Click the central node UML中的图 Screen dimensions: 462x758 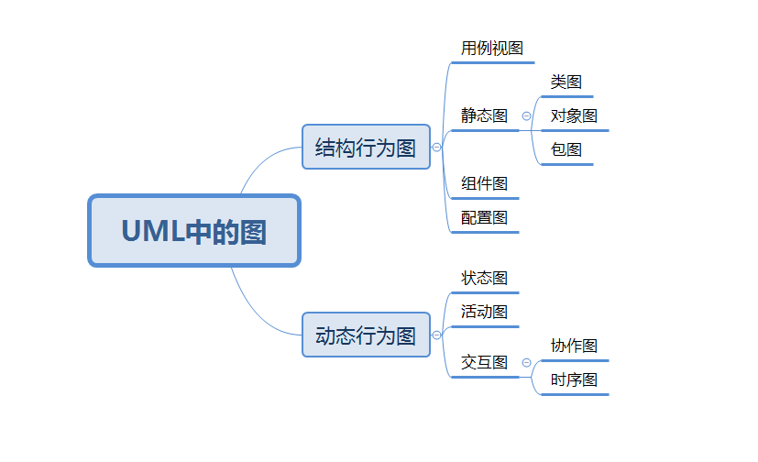pyautogui.click(x=194, y=231)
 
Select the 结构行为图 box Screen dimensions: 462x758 pyautogui.click(x=366, y=147)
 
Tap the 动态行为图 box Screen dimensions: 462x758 pyautogui.click(x=366, y=335)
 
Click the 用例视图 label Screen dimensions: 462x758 pyautogui.click(x=491, y=48)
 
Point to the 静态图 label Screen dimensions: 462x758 pyautogui.click(x=484, y=115)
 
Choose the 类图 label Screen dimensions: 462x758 pyautogui.click(x=566, y=82)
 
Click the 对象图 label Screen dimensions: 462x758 pyautogui.click(x=574, y=115)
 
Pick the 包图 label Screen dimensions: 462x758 pyautogui.click(x=566, y=149)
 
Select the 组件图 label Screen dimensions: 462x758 pyautogui.click(x=484, y=183)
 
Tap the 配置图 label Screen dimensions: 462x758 pyautogui.click(x=484, y=217)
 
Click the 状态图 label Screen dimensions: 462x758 pyautogui.click(x=484, y=278)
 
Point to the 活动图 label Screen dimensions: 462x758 pyautogui.click(x=484, y=312)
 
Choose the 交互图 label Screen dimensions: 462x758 pyautogui.click(x=484, y=362)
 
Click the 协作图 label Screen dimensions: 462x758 pyautogui.click(x=574, y=346)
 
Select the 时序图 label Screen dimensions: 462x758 pyautogui.click(x=574, y=379)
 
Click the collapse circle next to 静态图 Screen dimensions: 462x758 pyautogui.click(x=526, y=116)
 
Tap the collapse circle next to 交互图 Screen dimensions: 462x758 pyautogui.click(x=526, y=363)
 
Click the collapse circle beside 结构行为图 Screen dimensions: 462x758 pyautogui.click(x=436, y=147)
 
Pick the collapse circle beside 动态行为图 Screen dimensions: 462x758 pyautogui.click(x=436, y=335)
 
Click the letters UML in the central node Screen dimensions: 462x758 pyautogui.click(x=152, y=232)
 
